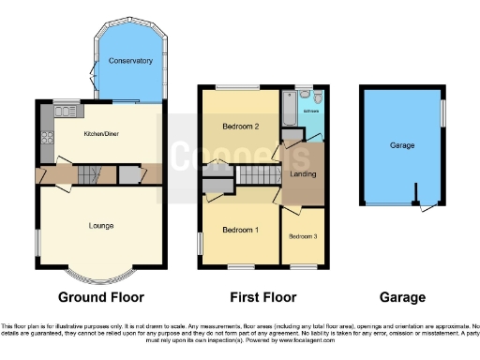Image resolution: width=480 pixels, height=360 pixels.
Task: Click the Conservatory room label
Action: point(130,61)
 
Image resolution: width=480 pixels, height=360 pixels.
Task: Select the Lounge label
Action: point(102,225)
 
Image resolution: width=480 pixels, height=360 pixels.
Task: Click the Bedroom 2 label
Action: point(240,126)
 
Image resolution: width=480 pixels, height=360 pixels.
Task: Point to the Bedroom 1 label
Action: point(241,230)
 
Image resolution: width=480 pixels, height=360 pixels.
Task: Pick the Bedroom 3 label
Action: point(302,236)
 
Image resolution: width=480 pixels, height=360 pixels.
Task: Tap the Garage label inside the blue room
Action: point(402,146)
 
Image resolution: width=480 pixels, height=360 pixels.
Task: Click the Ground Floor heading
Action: point(101,297)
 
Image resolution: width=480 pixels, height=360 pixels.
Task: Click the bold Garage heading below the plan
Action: point(402,297)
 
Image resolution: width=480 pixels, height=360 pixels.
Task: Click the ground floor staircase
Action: point(88,174)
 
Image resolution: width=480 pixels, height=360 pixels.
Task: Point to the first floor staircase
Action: point(252,175)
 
